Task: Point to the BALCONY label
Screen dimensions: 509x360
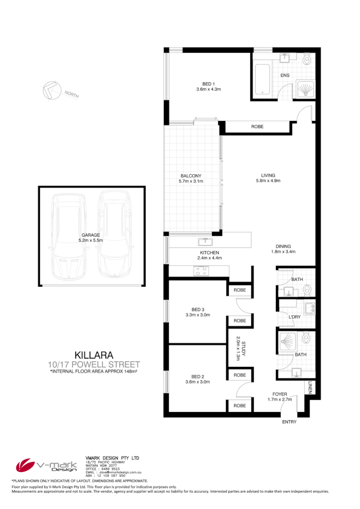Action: pos(191,175)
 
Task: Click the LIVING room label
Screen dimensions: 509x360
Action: pos(268,175)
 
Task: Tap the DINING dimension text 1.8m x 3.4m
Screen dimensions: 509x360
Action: pos(282,251)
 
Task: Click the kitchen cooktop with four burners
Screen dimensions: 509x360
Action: pos(200,272)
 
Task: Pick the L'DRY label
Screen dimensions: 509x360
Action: pos(295,317)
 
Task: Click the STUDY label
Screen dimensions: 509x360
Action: pos(244,347)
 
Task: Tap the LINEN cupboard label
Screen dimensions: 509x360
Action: pos(310,387)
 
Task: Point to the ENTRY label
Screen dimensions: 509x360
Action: pos(289,422)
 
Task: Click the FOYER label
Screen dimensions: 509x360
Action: pos(279,394)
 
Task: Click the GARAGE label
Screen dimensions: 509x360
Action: pos(90,235)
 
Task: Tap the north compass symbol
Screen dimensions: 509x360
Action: pos(51,90)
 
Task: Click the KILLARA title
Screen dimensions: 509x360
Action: pos(94,355)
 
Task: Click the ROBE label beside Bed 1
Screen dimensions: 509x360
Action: pos(257,127)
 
